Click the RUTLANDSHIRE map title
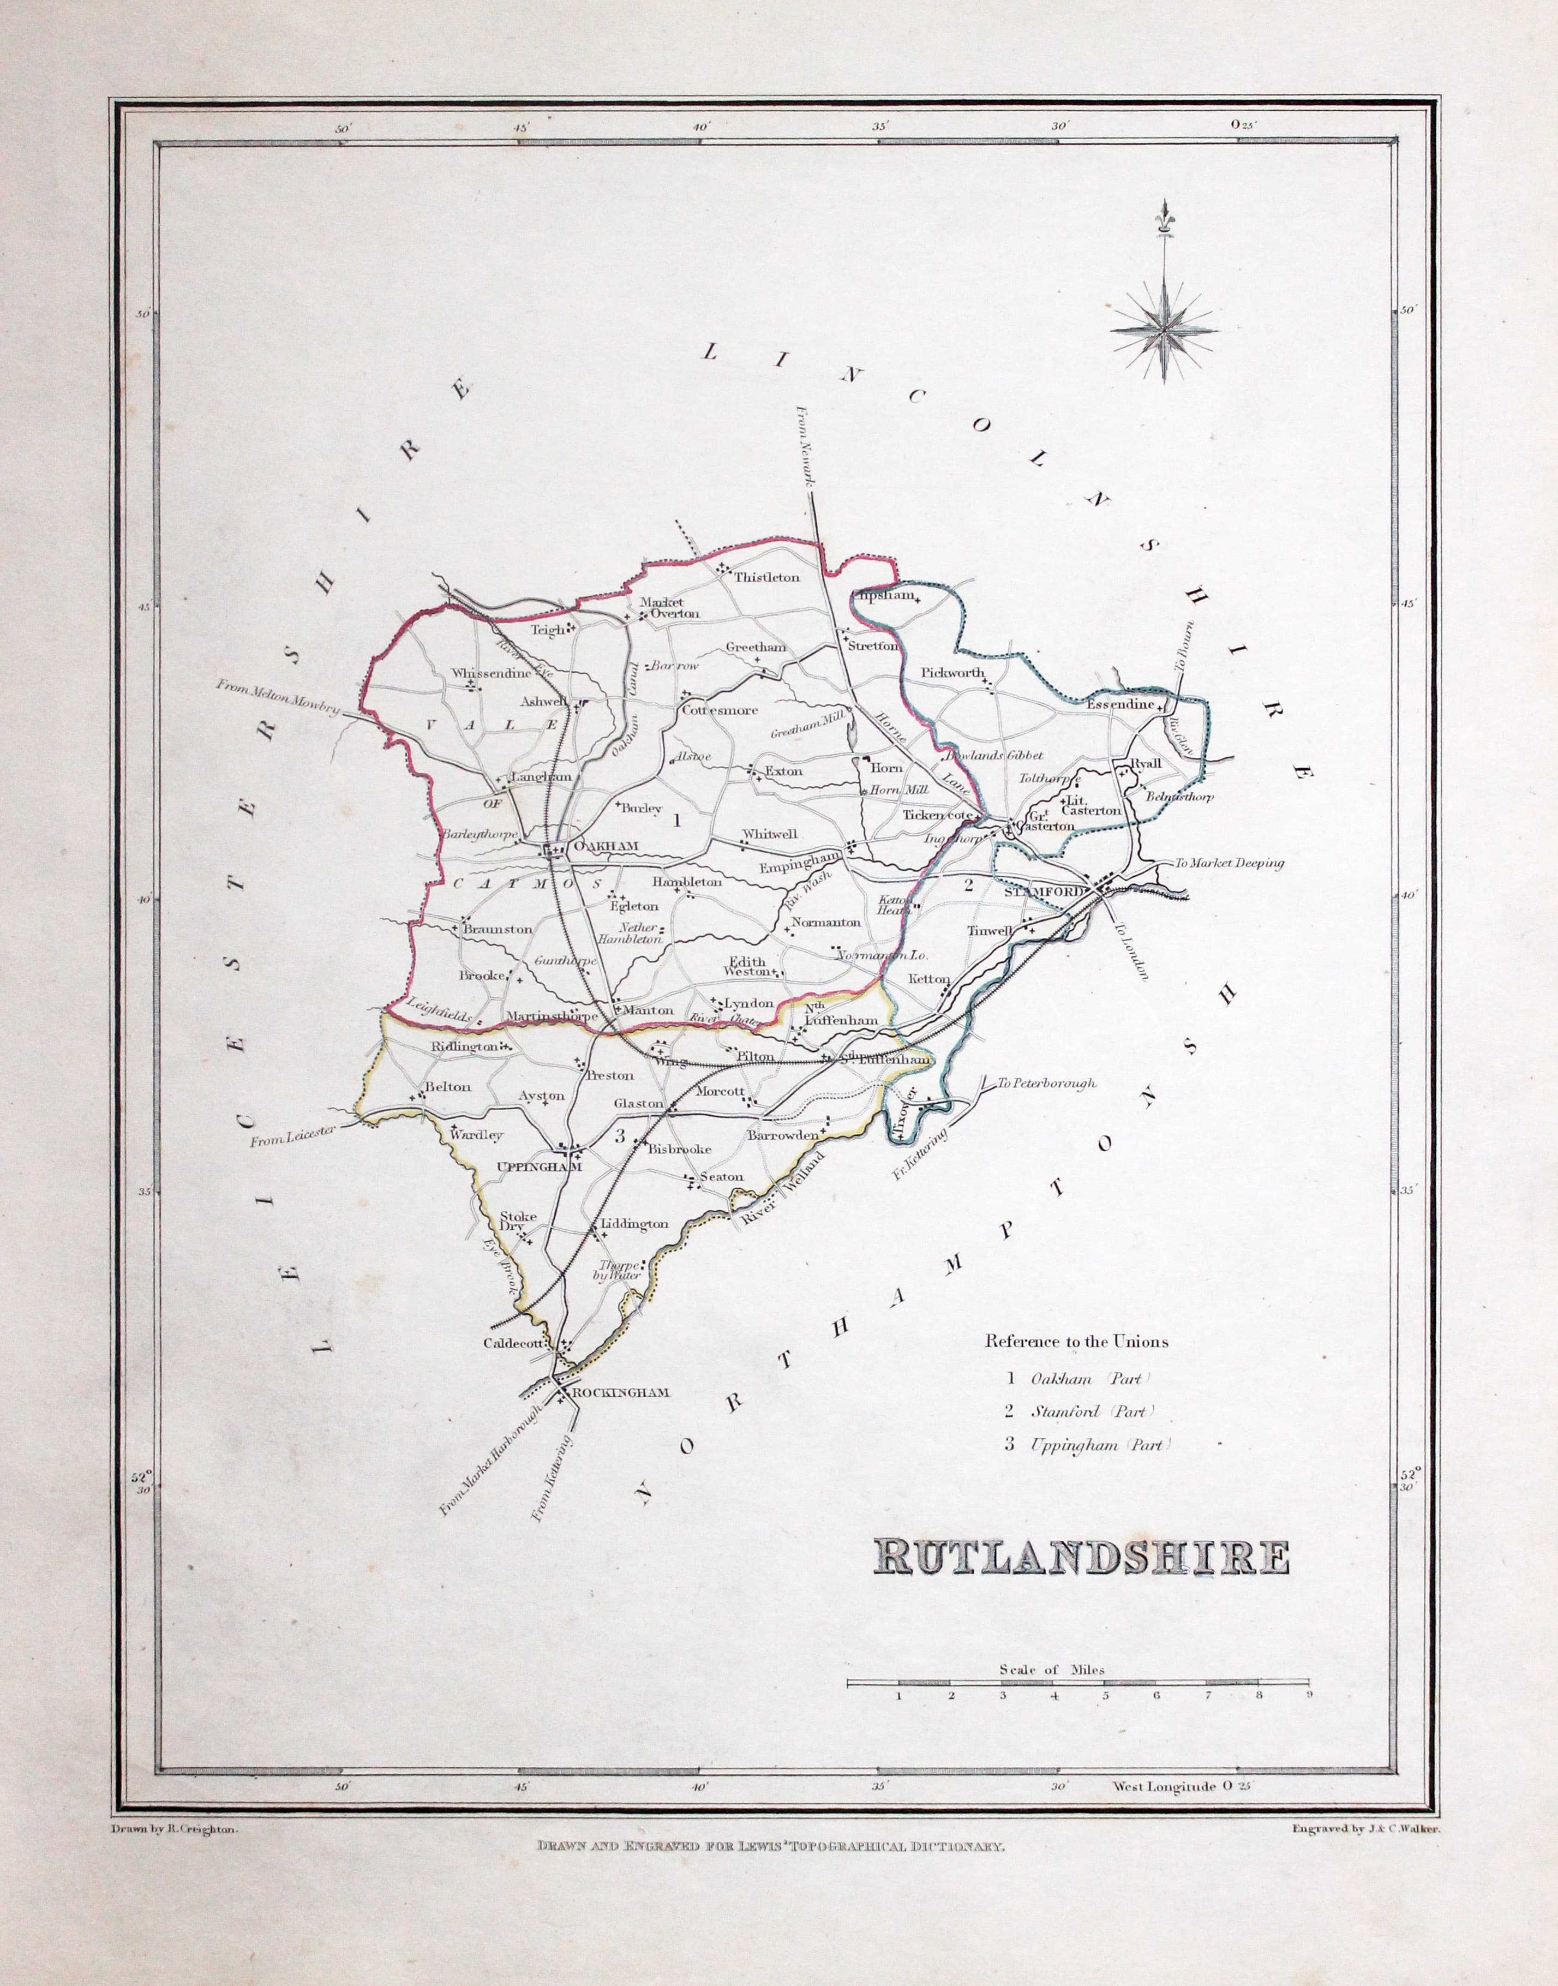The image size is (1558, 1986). point(1081,1558)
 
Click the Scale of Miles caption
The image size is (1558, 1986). point(1052,1670)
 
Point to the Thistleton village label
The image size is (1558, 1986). point(766,577)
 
